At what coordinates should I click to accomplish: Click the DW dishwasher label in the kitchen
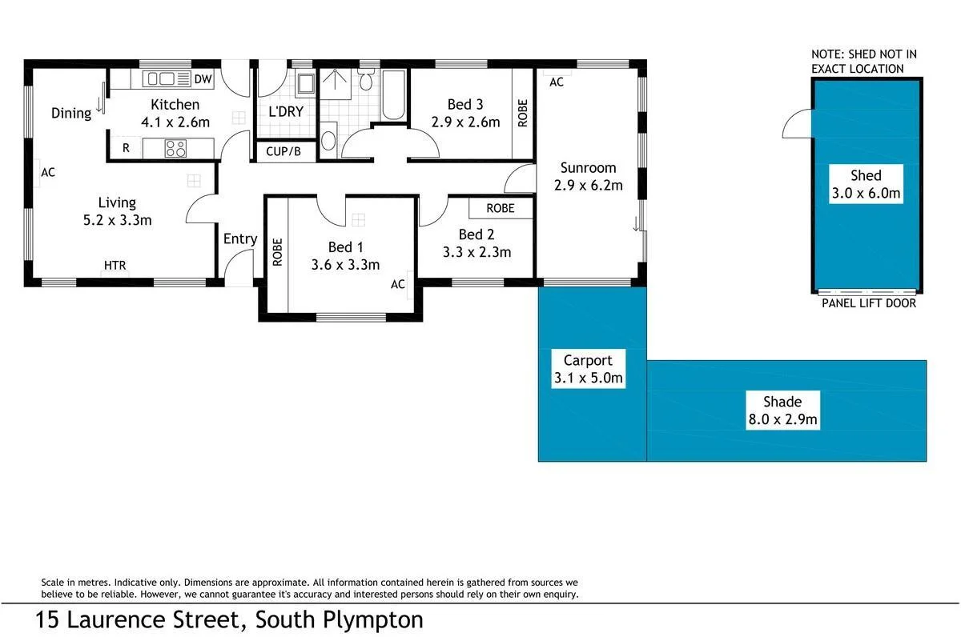(x=203, y=78)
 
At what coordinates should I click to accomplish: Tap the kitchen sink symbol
(x=160, y=78)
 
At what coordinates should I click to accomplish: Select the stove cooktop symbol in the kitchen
(x=175, y=148)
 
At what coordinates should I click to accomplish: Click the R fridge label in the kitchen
(x=126, y=148)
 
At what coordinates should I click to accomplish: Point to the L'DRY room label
(x=286, y=111)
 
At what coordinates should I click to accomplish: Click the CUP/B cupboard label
(x=283, y=150)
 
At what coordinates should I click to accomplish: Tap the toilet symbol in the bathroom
(x=366, y=81)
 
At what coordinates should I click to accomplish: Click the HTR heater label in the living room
(x=115, y=266)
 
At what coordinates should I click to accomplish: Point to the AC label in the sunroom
(x=557, y=82)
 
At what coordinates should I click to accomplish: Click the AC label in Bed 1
(x=398, y=284)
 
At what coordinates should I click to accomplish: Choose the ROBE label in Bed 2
(x=501, y=208)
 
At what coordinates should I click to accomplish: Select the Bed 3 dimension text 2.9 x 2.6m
(x=465, y=122)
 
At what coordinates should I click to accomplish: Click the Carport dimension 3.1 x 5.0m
(x=588, y=379)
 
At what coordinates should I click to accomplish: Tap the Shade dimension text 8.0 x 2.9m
(x=782, y=419)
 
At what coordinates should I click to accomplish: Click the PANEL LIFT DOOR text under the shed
(x=869, y=303)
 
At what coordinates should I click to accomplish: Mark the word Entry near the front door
(x=240, y=238)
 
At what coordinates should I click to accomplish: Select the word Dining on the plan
(x=71, y=113)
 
